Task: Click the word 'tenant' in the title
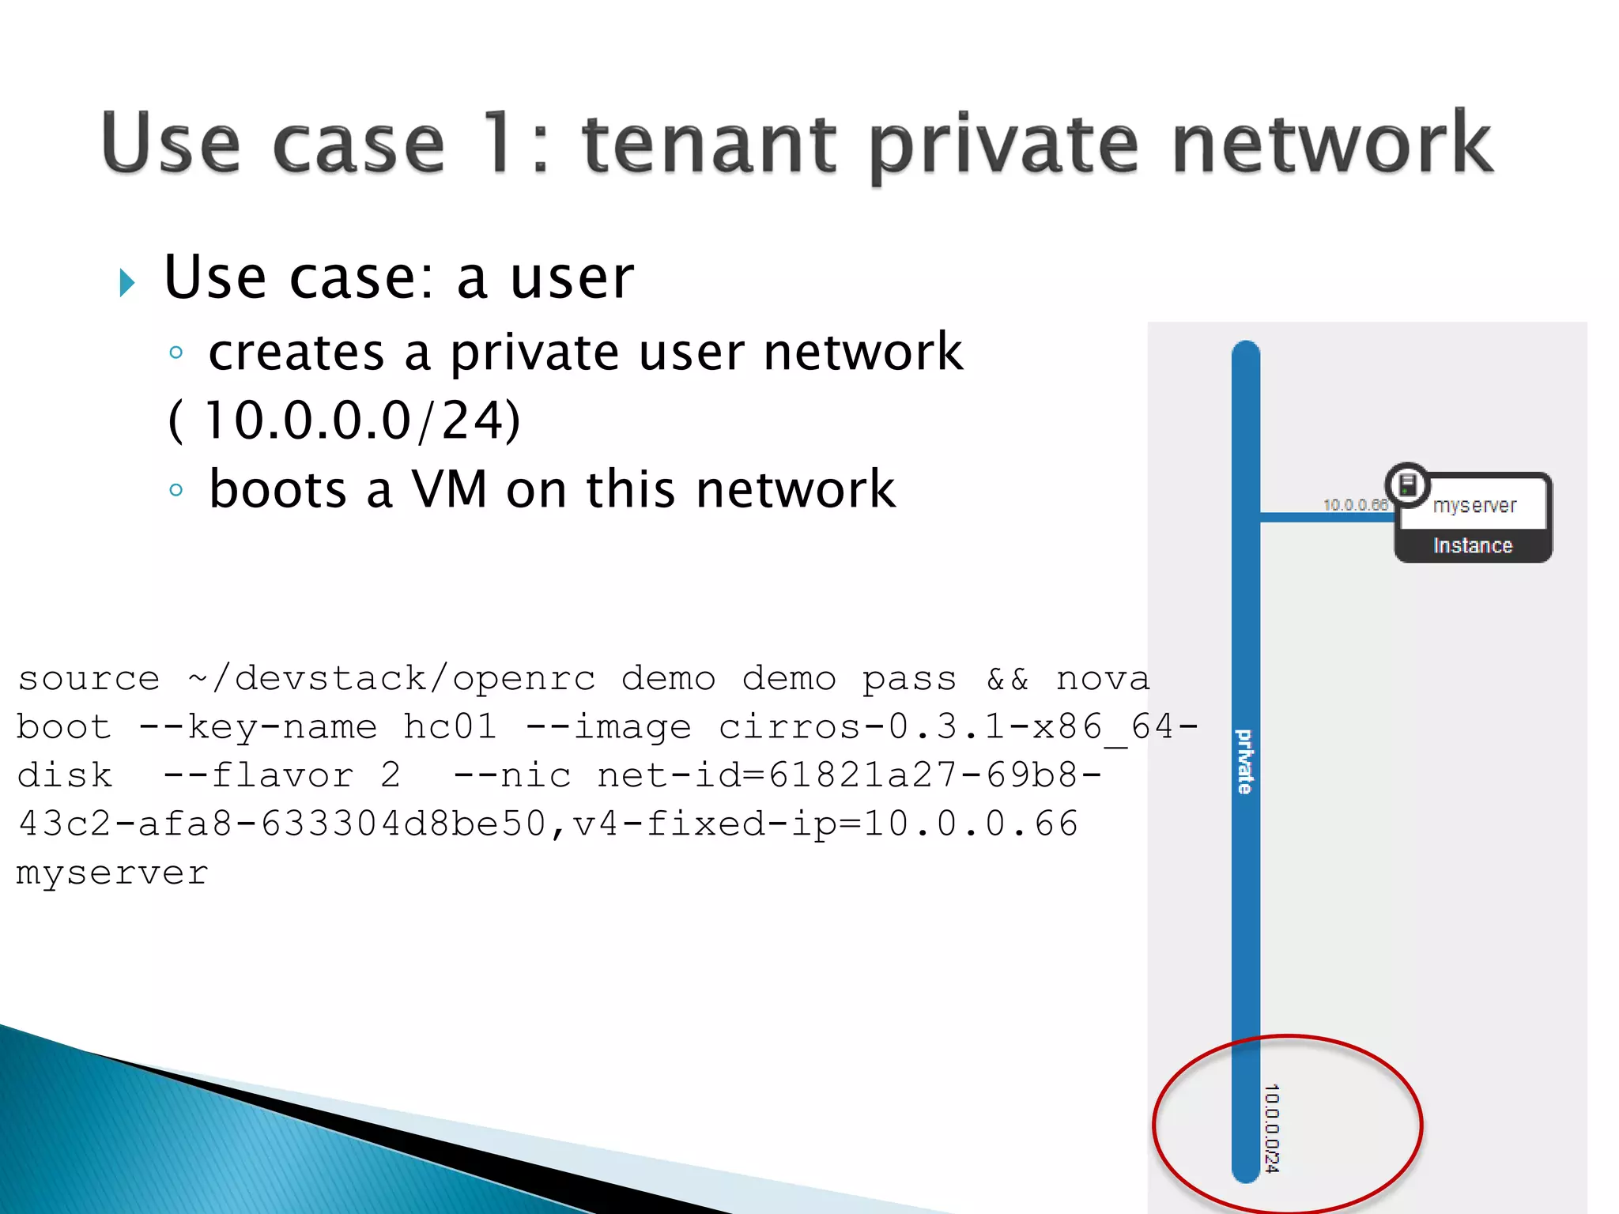coord(708,144)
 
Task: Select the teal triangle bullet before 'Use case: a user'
coord(126,282)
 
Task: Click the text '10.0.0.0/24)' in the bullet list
coord(362,420)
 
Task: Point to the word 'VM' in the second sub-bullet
coord(449,489)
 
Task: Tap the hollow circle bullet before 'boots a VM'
coord(176,490)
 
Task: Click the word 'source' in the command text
coord(89,679)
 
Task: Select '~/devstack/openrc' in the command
coord(392,679)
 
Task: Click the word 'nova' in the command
coord(1103,679)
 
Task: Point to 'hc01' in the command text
coord(450,727)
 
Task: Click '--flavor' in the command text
coord(259,775)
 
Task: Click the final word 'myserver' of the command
coord(112,873)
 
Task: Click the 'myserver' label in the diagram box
coord(1474,506)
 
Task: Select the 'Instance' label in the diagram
coord(1472,546)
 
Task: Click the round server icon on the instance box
coord(1408,484)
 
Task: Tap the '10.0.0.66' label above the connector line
coord(1355,505)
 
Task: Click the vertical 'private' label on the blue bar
coord(1245,761)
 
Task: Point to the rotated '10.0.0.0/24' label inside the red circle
coord(1271,1128)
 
